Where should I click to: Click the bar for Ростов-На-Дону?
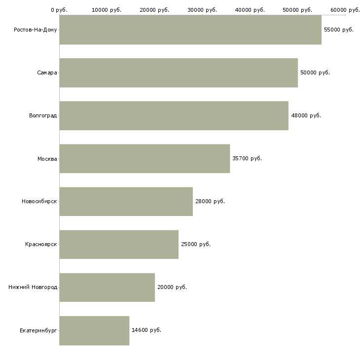pos(190,30)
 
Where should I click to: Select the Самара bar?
pos(179,73)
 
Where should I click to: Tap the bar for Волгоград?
pos(174,116)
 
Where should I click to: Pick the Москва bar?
pos(144,159)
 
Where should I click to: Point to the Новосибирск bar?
pos(126,202)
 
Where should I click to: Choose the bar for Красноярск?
pos(119,245)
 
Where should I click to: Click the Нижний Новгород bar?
pos(107,288)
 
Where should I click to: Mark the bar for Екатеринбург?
pos(94,330)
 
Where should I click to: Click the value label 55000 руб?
pos(339,30)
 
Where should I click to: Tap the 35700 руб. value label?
pos(247,159)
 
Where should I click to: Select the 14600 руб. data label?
pos(146,330)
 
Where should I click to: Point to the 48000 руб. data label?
pos(306,116)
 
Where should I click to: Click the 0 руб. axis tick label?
pos(59,10)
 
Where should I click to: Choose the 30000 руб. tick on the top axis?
pos(202,10)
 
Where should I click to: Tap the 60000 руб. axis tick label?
pos(345,10)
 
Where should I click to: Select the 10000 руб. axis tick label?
pos(107,10)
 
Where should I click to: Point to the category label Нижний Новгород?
pos(33,288)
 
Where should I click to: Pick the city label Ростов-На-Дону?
pos(36,30)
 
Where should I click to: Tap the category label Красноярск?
pos(41,245)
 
